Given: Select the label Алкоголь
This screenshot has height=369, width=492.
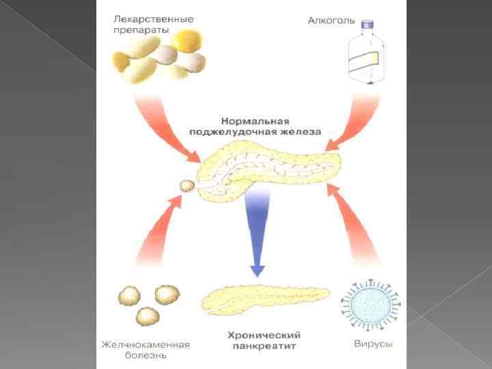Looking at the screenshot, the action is point(331,20).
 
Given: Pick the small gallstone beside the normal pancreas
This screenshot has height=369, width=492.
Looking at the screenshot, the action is point(186,185).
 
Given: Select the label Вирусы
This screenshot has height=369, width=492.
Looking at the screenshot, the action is point(373,342).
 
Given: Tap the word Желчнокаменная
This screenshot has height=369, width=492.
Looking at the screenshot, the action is point(145,344).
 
